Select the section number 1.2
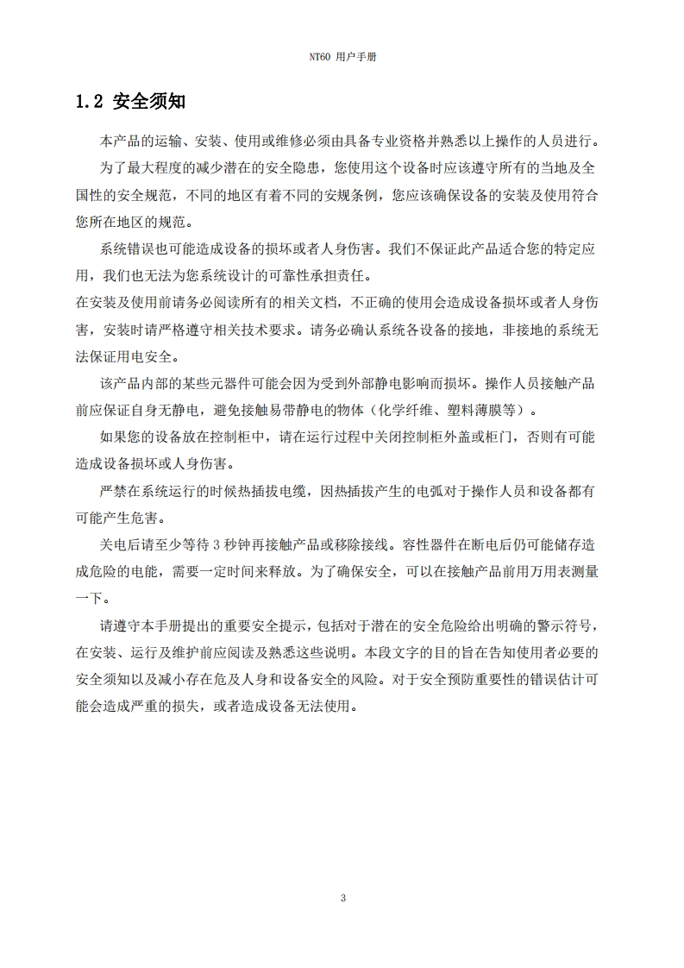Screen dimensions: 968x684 point(90,102)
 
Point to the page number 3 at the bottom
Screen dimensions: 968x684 point(342,898)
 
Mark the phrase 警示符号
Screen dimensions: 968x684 point(558,625)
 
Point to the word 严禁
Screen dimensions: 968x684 point(113,490)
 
